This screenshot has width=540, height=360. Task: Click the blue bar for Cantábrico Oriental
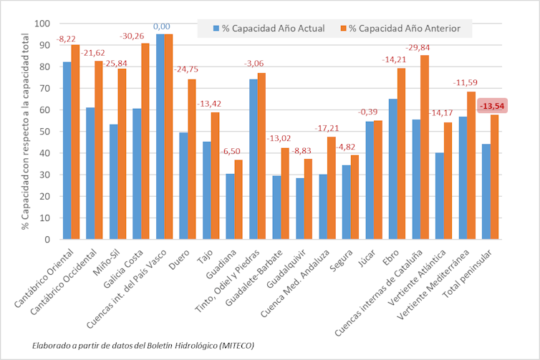(67, 150)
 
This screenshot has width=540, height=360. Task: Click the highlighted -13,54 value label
(493, 106)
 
